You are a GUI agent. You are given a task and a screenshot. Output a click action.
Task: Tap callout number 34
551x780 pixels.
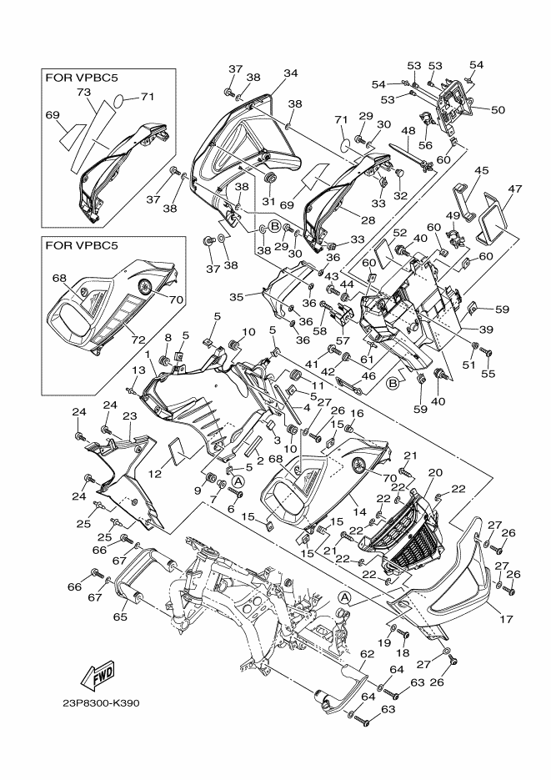(289, 73)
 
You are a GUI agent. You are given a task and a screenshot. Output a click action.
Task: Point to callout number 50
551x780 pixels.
(498, 109)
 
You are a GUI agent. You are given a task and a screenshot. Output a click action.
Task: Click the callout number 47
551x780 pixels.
(513, 190)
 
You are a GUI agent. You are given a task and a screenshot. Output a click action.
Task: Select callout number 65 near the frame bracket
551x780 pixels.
(120, 618)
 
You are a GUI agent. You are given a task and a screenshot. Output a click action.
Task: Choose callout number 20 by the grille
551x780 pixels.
(433, 473)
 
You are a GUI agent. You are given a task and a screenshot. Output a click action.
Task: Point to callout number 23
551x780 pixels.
(129, 415)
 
